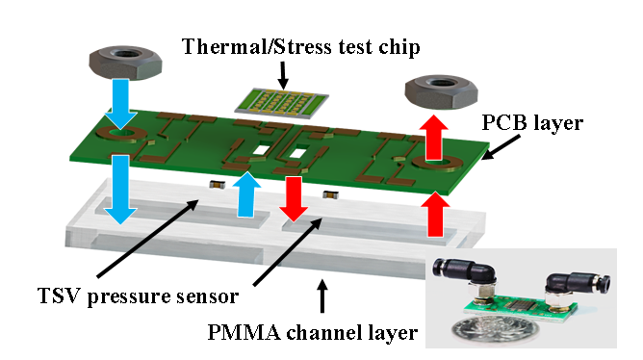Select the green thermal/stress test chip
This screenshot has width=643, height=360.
tap(282, 102)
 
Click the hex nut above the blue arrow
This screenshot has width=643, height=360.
tap(125, 62)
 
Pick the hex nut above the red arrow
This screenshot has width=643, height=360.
tap(441, 91)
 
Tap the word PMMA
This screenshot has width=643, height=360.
tap(244, 332)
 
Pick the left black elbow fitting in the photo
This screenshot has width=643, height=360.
tap(466, 271)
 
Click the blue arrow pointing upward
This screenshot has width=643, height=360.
tap(246, 193)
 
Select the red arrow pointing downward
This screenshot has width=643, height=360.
tap(294, 199)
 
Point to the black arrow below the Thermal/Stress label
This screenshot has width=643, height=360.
tap(283, 75)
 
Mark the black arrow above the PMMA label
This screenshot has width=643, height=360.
tap(322, 296)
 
